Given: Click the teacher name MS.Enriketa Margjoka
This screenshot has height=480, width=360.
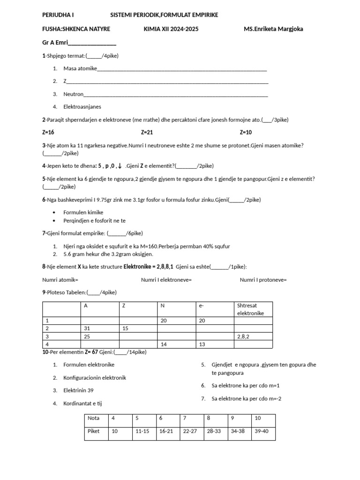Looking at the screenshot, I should pos(273,29).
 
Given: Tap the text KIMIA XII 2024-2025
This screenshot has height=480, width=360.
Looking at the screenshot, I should pos(171,29).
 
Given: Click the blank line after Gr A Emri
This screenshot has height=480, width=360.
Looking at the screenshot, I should pos(92,44).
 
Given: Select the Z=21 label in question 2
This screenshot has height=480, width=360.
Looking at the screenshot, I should pos(147,133).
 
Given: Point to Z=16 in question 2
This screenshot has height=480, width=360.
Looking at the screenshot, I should pos(48,133).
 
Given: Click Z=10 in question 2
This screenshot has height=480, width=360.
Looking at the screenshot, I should pos(246,133).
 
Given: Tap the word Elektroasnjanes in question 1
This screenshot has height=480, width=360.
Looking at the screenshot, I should pos(82,107).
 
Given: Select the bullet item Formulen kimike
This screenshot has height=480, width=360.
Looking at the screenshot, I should pos(83,212).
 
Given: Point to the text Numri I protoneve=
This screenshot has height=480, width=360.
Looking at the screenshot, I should pos(263,280).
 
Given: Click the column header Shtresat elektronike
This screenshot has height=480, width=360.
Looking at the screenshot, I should pos(253,309).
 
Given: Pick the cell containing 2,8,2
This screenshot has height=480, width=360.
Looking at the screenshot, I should pos(253,337).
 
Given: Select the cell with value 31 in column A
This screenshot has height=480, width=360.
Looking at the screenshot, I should pos(99,329).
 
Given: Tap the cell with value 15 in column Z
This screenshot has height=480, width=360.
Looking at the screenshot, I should pos(138,329).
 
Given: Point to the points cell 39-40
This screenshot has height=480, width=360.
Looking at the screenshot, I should pos(263,431).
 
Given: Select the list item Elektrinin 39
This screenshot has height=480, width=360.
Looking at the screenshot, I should pos(79,390).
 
